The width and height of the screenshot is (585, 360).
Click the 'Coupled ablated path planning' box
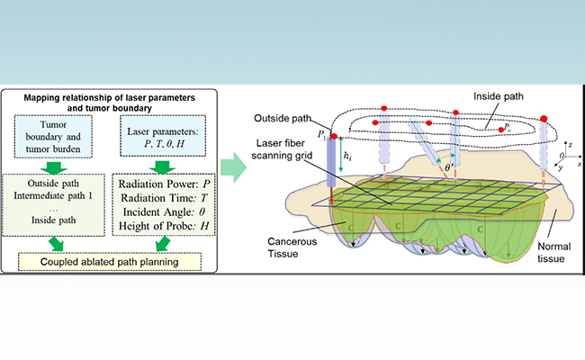pos(117,262)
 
